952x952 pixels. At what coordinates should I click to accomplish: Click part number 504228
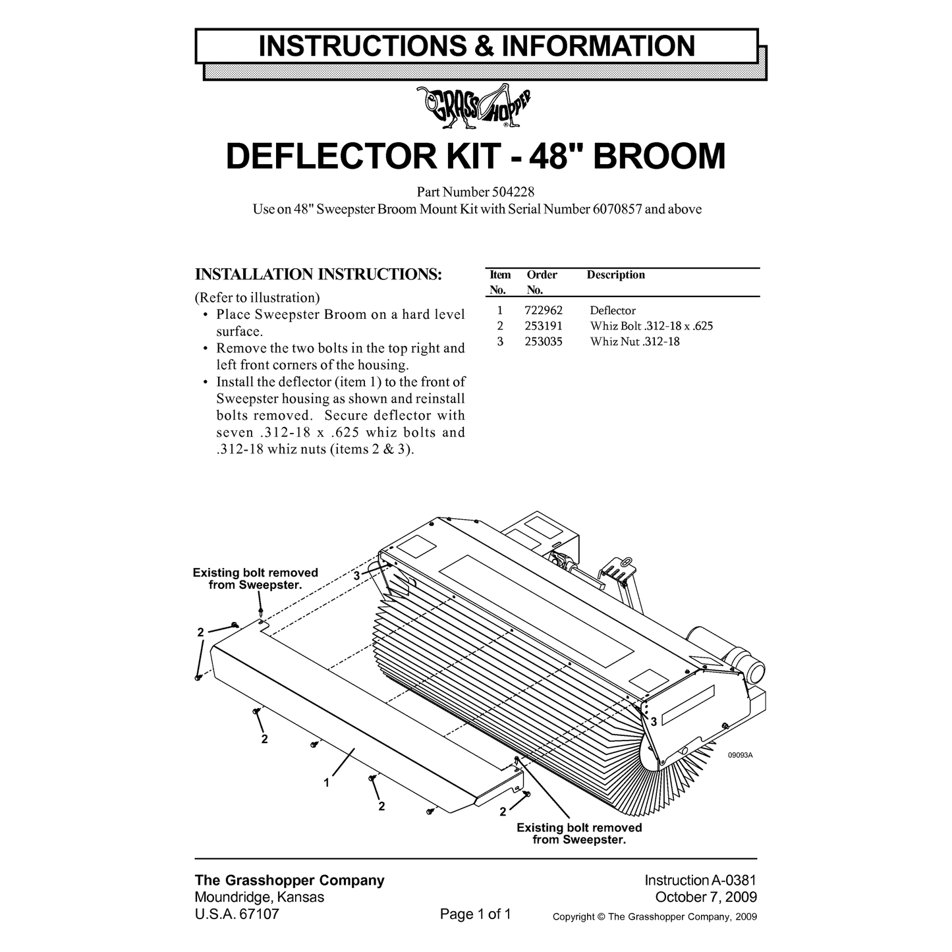tap(513, 192)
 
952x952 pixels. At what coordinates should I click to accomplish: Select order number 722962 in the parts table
tap(544, 310)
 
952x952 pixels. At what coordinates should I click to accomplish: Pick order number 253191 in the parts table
tap(544, 326)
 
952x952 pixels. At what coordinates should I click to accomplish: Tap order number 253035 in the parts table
tap(544, 342)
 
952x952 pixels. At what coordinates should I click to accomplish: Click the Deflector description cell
tap(613, 310)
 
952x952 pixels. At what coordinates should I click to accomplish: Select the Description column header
tap(615, 275)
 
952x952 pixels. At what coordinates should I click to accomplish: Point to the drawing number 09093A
tap(740, 756)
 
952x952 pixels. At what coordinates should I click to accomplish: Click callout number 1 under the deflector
tap(327, 783)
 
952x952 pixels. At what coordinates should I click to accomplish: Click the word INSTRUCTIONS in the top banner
tap(362, 46)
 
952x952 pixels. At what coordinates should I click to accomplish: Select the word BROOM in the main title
tap(659, 156)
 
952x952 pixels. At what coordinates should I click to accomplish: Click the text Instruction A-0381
tap(700, 880)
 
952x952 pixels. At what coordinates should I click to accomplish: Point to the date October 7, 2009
tap(706, 897)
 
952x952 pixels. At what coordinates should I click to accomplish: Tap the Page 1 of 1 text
tap(475, 914)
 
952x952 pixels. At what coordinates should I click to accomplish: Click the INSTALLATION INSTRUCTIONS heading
tap(318, 274)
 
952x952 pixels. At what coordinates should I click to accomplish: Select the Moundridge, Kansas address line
tap(260, 897)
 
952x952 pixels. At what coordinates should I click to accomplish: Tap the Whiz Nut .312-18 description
tap(635, 342)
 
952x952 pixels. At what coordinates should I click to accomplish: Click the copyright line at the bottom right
tap(655, 917)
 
